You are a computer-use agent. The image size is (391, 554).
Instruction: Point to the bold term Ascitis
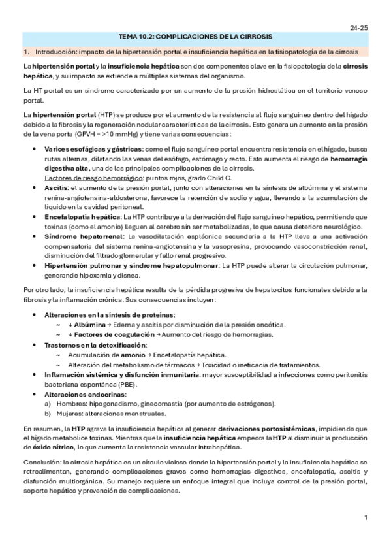(x=55, y=187)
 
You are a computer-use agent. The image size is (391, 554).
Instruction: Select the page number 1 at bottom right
(x=366, y=518)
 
